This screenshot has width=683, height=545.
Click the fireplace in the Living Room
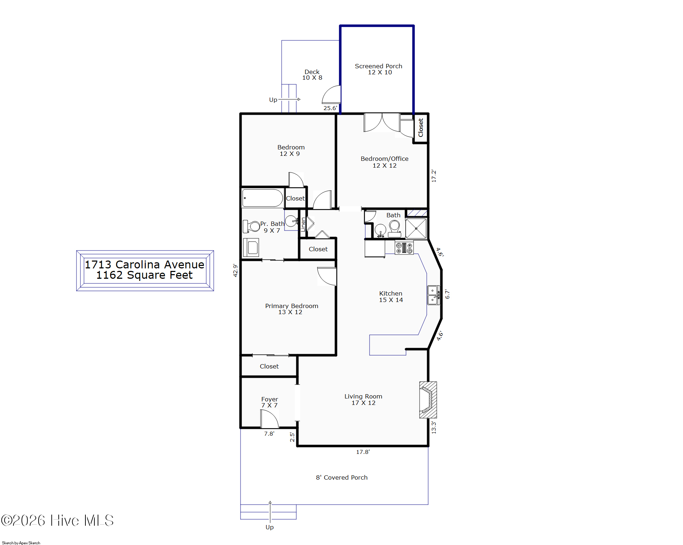pos(428,400)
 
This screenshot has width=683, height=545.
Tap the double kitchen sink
pos(434,295)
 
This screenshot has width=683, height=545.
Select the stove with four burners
pos(404,248)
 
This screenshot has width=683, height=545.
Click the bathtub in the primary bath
pos(263,198)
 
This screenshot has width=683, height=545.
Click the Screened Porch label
pos(378,66)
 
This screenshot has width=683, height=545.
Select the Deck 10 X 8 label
pos(312,75)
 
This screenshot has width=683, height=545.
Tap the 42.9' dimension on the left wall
pos(235,271)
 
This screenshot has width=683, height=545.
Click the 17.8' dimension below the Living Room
pos(363,452)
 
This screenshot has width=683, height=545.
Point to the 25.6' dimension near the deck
pos(330,108)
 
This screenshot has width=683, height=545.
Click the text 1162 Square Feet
pos(144,275)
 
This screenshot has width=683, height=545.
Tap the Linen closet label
pos(303,224)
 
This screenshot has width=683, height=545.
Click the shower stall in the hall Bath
pos(416,228)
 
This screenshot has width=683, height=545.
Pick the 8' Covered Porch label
pos(342,477)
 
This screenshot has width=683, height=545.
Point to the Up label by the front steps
pos(269,527)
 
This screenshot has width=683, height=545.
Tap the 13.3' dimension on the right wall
pos(434,427)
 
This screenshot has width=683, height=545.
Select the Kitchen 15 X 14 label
pos(391,297)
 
